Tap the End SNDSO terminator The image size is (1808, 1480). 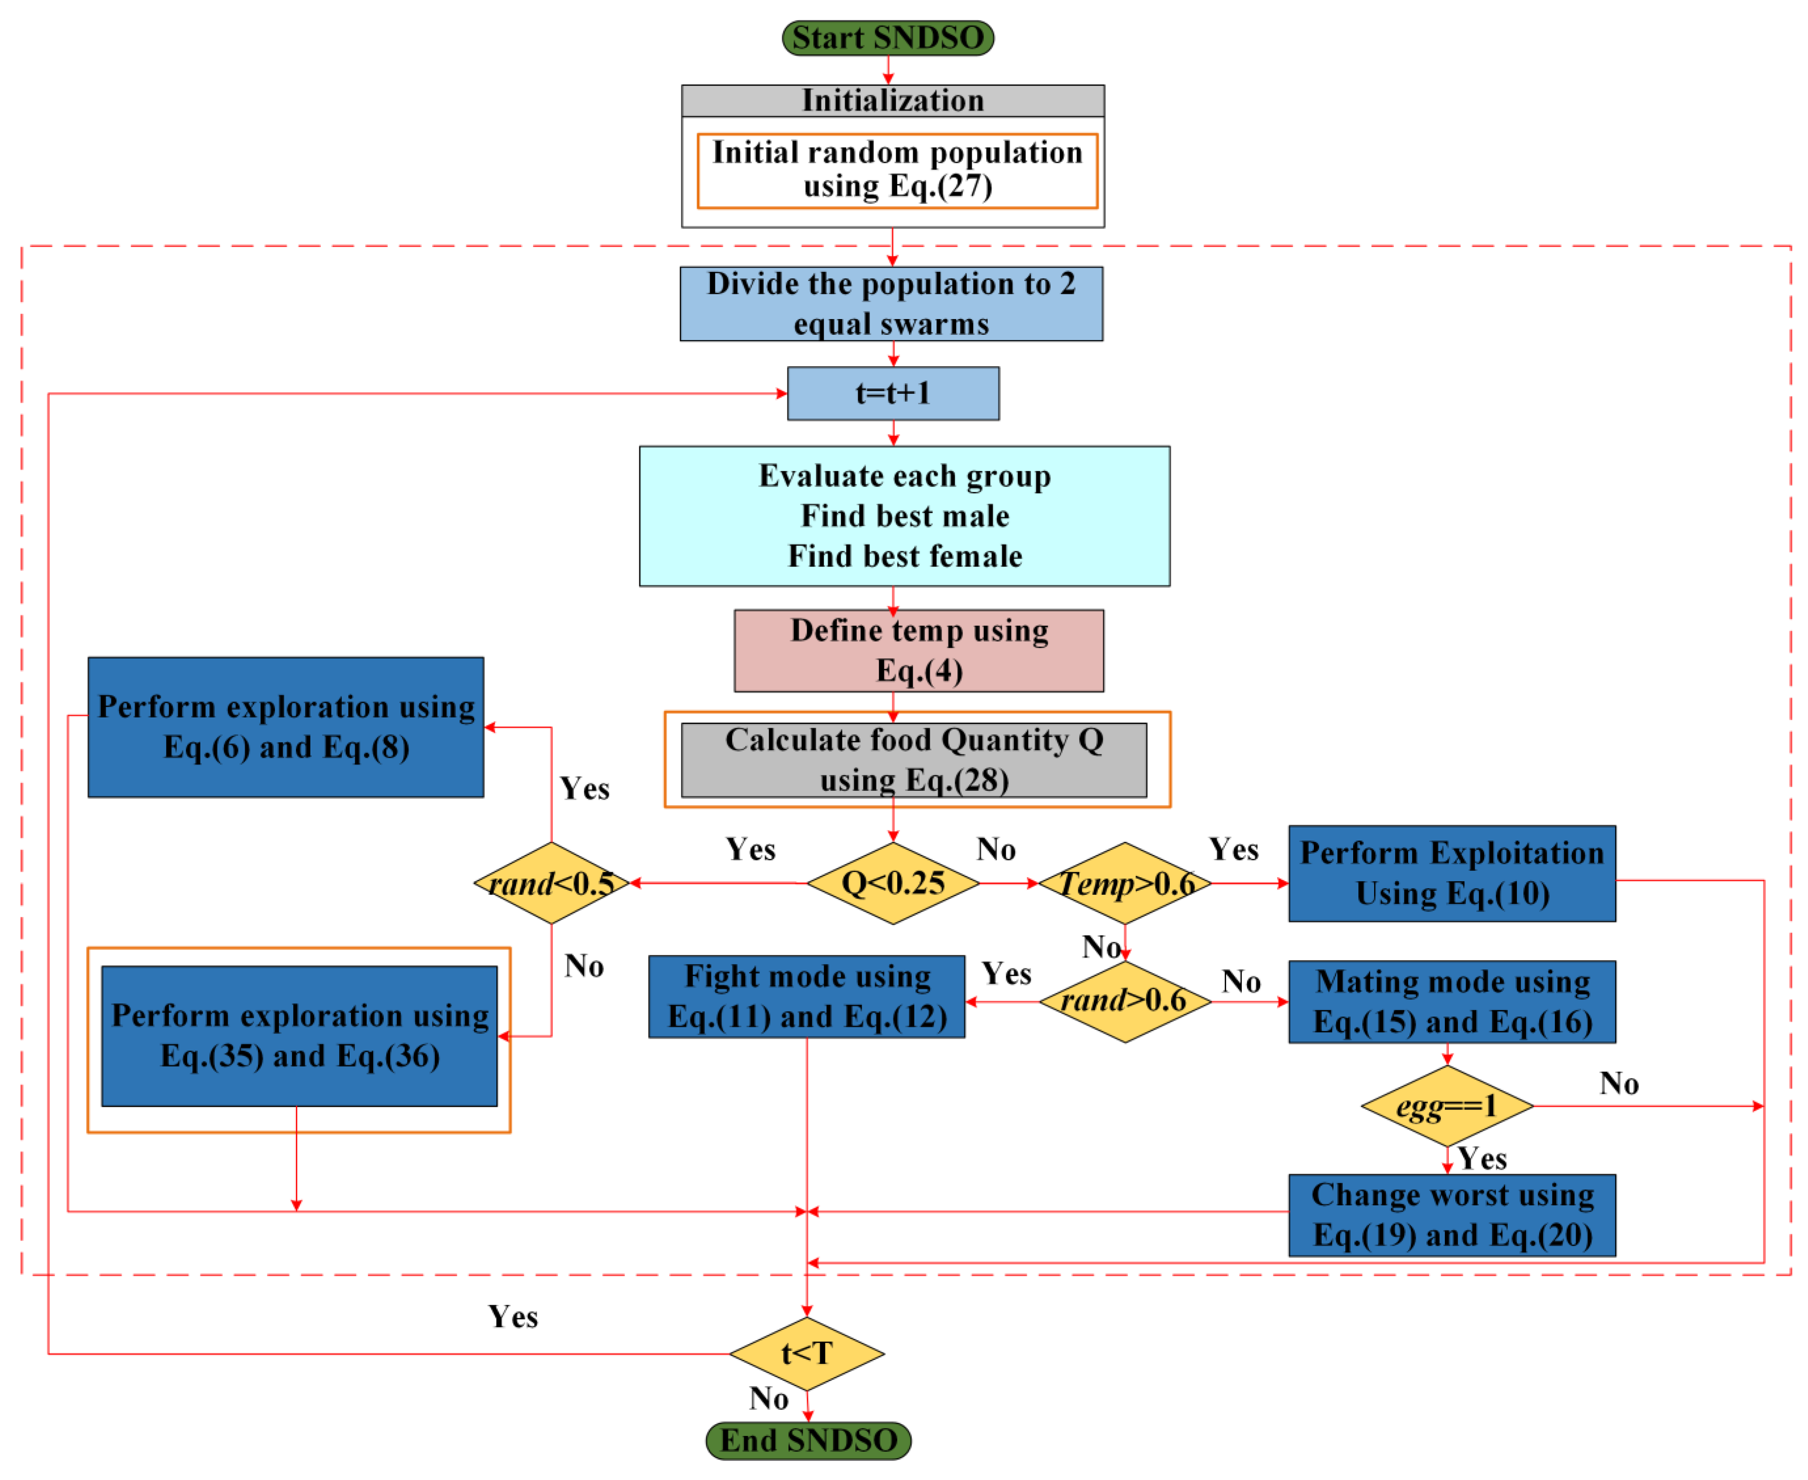[808, 1440]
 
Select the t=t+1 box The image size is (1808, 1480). [893, 393]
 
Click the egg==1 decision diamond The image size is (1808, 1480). [1447, 1106]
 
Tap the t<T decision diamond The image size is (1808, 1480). [806, 1353]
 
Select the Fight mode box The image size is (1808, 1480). [806, 996]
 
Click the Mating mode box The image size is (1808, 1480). [1452, 1002]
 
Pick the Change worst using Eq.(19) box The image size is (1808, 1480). [1452, 1215]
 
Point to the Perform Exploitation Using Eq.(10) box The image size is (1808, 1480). [1452, 873]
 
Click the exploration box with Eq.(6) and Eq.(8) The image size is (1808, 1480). [285, 727]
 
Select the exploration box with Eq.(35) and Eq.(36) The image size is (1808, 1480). [299, 1036]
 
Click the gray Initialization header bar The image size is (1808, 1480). [893, 100]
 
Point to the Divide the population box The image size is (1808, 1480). [891, 303]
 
